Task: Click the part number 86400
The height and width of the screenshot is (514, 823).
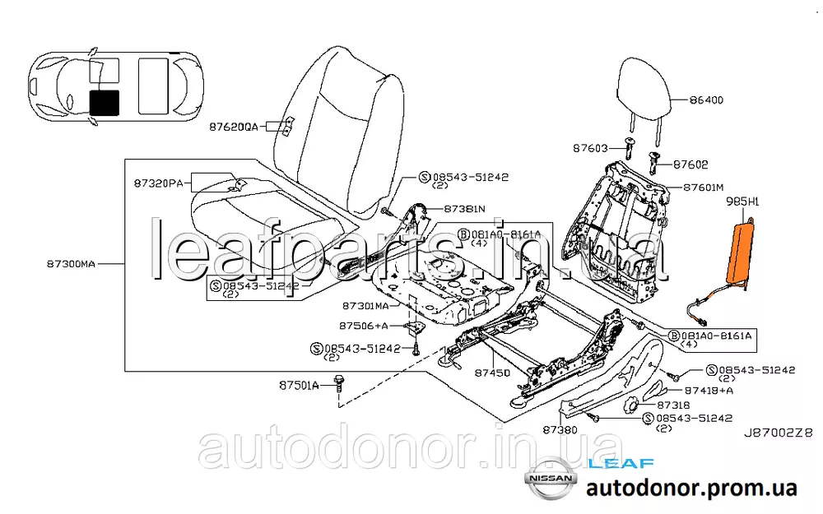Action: point(705,101)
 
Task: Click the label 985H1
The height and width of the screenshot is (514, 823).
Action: point(742,200)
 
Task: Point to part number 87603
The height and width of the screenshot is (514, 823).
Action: point(591,148)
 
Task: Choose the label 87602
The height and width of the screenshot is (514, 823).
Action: point(690,164)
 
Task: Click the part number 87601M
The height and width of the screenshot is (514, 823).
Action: point(703,187)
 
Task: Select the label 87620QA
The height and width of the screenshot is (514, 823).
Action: point(233,127)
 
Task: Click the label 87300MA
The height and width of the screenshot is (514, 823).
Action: point(72,264)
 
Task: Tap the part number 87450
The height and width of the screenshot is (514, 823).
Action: point(492,373)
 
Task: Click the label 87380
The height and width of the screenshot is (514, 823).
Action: point(560,430)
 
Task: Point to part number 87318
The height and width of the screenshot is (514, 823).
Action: point(674,405)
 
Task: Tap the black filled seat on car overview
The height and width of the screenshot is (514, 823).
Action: point(104,101)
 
